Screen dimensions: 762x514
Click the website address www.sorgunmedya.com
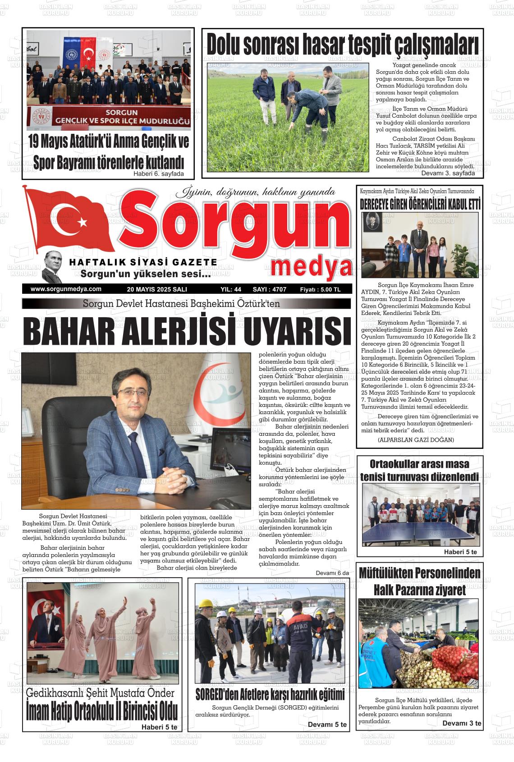[x=66, y=289]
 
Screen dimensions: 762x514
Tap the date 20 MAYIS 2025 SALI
[x=157, y=289]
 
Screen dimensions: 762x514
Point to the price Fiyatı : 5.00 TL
[x=320, y=289]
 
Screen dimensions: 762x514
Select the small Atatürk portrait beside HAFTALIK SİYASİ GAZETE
[x=53, y=266]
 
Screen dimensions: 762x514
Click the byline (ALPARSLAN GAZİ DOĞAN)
[x=409, y=439]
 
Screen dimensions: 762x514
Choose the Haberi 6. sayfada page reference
[x=158, y=174]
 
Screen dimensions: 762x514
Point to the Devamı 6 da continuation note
[x=332, y=573]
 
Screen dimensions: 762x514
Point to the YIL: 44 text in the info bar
[x=231, y=289]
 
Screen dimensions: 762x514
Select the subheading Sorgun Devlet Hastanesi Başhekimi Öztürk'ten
[x=181, y=304]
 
